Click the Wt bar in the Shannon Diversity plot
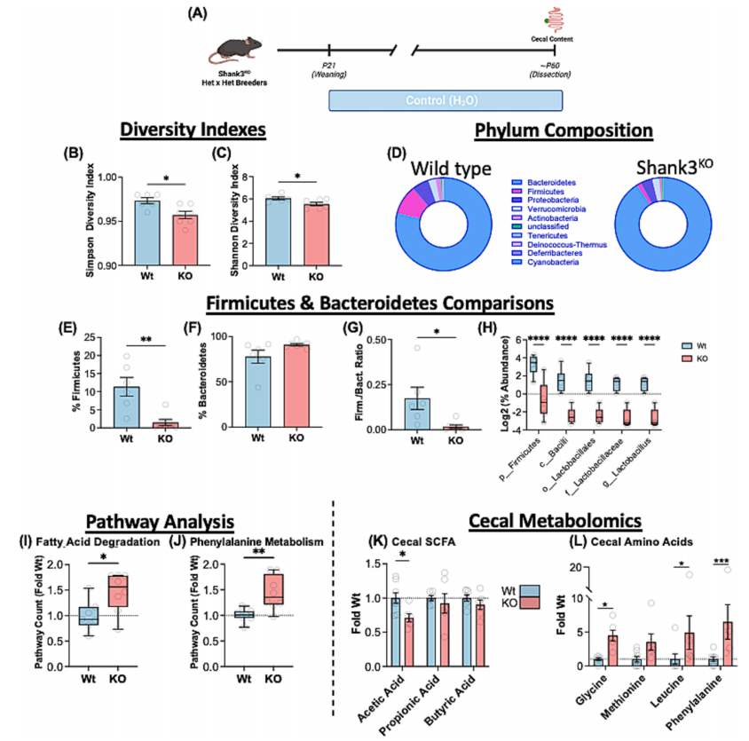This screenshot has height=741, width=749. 279,231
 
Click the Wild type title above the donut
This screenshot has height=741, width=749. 451,168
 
